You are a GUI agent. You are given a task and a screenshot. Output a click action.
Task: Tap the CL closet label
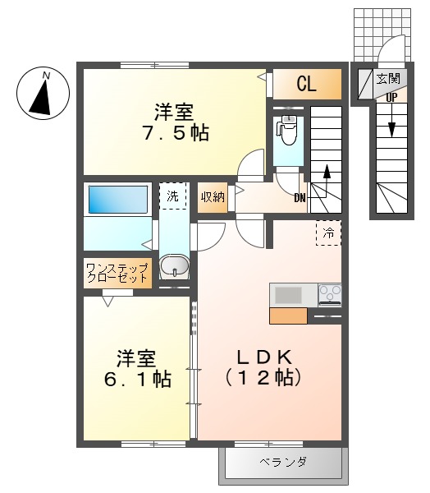click(306, 83)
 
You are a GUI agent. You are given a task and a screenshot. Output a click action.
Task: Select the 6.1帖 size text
click(136, 380)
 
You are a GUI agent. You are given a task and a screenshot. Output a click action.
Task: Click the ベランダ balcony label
click(283, 463)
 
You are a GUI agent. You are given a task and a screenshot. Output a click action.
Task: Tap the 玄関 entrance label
click(388, 80)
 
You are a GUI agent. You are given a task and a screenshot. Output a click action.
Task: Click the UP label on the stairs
click(391, 95)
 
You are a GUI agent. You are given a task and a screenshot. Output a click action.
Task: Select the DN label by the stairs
click(300, 196)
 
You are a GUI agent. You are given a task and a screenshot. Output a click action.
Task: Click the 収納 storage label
click(213, 197)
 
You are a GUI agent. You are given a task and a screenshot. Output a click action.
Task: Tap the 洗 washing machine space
click(172, 196)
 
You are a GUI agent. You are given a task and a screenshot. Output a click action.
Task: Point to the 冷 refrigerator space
click(328, 233)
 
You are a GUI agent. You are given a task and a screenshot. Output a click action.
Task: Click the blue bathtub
click(117, 200)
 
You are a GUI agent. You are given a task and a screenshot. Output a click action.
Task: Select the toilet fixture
click(287, 130)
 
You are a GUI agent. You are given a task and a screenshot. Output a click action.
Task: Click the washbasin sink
click(173, 266)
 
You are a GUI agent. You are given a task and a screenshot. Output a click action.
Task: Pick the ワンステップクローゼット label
click(118, 272)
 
